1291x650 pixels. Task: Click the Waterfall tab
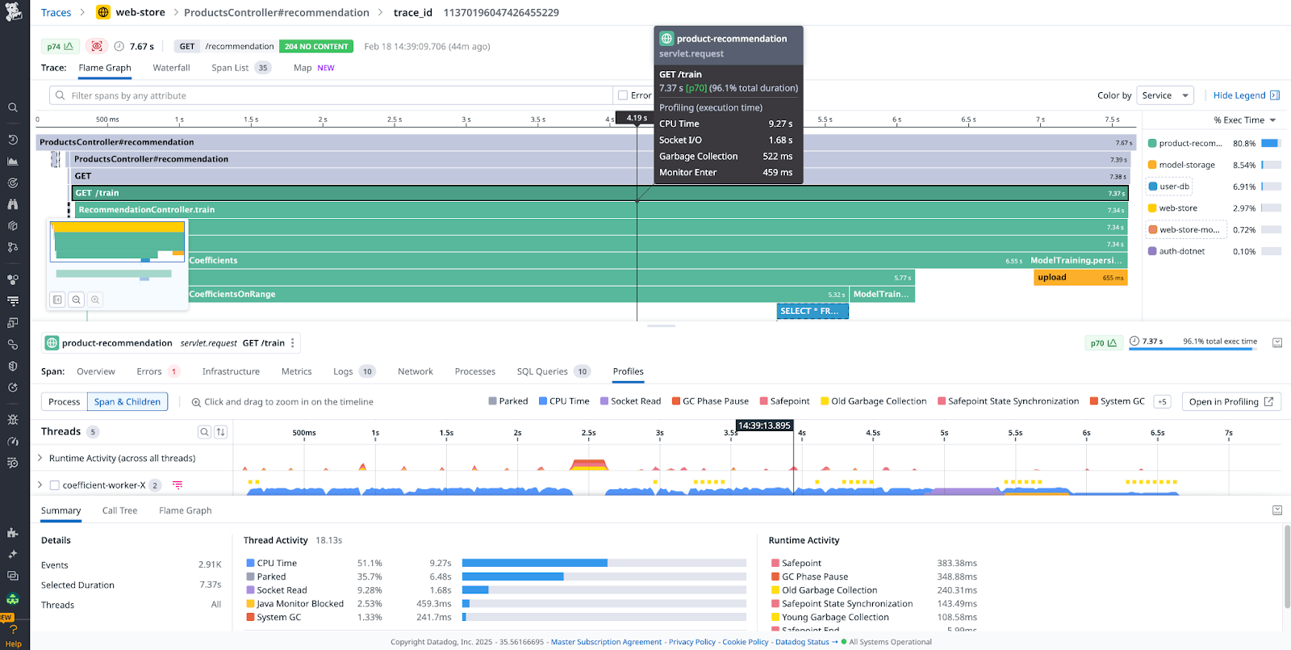pyautogui.click(x=171, y=68)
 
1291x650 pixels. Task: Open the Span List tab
pyautogui.click(x=230, y=68)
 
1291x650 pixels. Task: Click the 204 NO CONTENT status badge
pyautogui.click(x=316, y=47)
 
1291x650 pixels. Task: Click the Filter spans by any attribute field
pyautogui.click(x=331, y=95)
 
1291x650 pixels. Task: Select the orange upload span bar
pyautogui.click(x=1080, y=278)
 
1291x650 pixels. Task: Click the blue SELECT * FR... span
pyautogui.click(x=812, y=311)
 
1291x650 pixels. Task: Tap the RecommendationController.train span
pyautogui.click(x=147, y=210)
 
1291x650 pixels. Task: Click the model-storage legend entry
pyautogui.click(x=1186, y=165)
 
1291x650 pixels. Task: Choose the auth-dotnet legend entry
pyautogui.click(x=1181, y=251)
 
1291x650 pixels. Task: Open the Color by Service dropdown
pyautogui.click(x=1164, y=95)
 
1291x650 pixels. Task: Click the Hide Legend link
pyautogui.click(x=1239, y=95)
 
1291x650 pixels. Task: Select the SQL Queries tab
pyautogui.click(x=542, y=371)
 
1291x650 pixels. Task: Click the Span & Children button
pyautogui.click(x=127, y=402)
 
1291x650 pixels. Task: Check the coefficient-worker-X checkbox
pyautogui.click(x=55, y=485)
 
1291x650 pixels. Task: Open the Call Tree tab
pyautogui.click(x=119, y=510)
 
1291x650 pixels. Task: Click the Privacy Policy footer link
pyautogui.click(x=691, y=642)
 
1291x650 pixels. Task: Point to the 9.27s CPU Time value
pyautogui.click(x=440, y=563)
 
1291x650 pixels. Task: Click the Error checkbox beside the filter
pyautogui.click(x=623, y=95)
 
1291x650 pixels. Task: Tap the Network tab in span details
pyautogui.click(x=415, y=371)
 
